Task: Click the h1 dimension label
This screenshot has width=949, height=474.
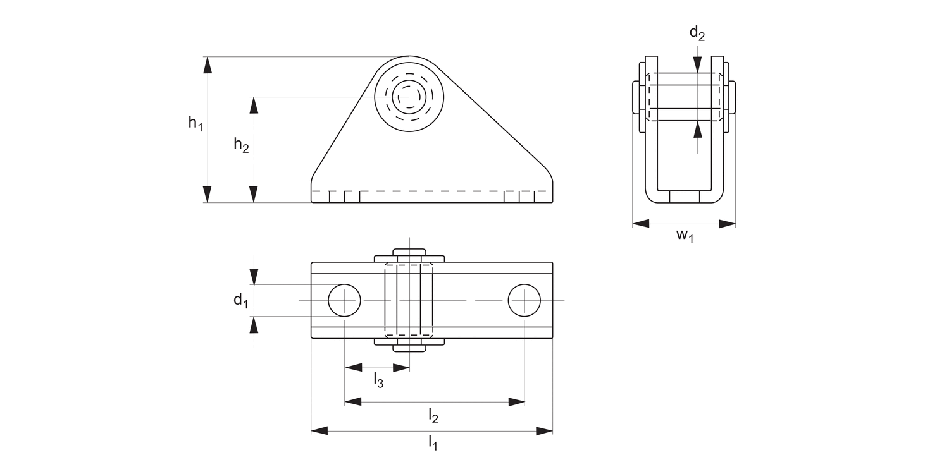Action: coord(195,123)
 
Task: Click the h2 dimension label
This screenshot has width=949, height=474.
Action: coord(241,145)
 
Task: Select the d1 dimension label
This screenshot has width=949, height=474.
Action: coord(240,300)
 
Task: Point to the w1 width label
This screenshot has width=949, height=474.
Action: coord(685,236)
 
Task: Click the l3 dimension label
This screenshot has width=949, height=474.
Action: coord(378,380)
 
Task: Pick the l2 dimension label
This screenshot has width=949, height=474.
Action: coord(433,415)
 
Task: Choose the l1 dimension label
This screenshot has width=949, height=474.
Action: coord(433,442)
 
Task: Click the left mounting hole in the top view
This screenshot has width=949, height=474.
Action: coord(344,300)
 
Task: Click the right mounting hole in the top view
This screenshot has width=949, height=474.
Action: coord(524,300)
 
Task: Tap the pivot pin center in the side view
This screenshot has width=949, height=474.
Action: coord(409,97)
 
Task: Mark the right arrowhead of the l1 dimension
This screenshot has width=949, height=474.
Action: coord(545,431)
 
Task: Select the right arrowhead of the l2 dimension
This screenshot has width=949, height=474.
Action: coord(517,402)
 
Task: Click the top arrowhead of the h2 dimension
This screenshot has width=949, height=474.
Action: coord(254,105)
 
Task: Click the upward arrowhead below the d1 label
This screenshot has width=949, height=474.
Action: coord(254,324)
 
